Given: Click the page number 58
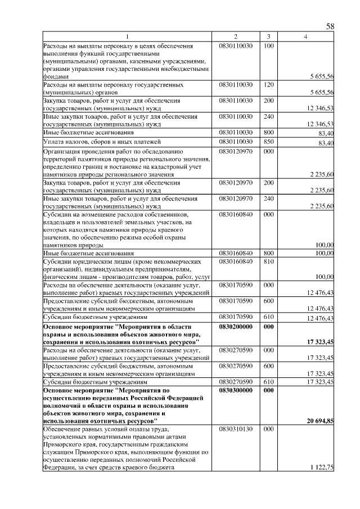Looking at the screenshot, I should [x=330, y=26].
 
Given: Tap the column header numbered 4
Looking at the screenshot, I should [x=305, y=37].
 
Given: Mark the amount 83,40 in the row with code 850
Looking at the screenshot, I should [x=326, y=143].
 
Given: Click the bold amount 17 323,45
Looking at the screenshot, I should [x=321, y=342].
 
